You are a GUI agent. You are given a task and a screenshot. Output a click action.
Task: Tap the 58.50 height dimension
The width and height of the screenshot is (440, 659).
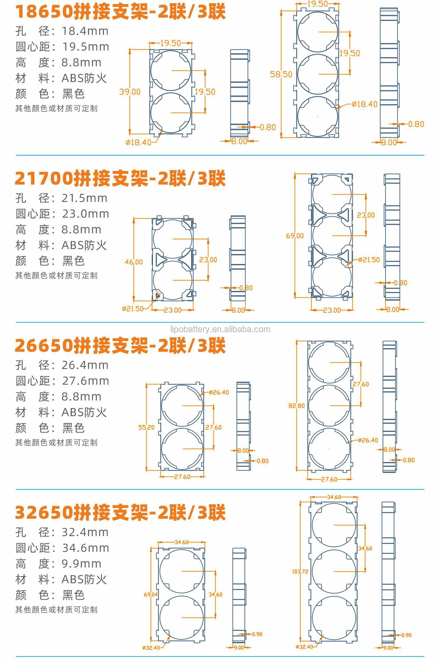click(281, 74)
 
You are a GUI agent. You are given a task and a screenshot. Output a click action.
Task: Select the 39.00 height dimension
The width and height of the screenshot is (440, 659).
click(130, 92)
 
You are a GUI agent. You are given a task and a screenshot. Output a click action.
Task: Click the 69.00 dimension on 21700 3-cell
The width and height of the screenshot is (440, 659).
click(294, 235)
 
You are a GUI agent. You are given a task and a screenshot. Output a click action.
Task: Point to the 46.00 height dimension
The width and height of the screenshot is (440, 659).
click(134, 262)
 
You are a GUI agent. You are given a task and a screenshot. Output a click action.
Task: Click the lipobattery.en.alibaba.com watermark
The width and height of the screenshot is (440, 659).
click(220, 329)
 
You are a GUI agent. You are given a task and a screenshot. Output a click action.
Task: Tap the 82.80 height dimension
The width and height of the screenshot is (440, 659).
click(296, 405)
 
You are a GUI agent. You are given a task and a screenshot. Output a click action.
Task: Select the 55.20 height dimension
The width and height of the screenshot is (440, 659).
click(146, 427)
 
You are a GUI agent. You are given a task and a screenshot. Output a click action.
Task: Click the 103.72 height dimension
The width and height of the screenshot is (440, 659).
click(300, 571)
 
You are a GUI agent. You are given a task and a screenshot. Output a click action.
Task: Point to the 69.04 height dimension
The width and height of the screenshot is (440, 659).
click(151, 594)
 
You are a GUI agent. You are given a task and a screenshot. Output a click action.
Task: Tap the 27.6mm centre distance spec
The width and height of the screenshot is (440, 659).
click(85, 381)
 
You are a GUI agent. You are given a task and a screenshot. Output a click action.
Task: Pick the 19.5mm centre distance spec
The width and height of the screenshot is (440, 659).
click(85, 47)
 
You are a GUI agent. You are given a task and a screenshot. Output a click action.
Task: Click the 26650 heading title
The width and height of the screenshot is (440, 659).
click(120, 345)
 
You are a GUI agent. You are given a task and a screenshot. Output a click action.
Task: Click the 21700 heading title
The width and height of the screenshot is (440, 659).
click(120, 178)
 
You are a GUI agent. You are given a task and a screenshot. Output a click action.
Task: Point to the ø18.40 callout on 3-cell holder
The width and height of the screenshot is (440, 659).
click(364, 104)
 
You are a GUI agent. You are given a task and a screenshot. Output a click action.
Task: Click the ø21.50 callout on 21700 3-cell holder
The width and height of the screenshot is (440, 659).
click(369, 259)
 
